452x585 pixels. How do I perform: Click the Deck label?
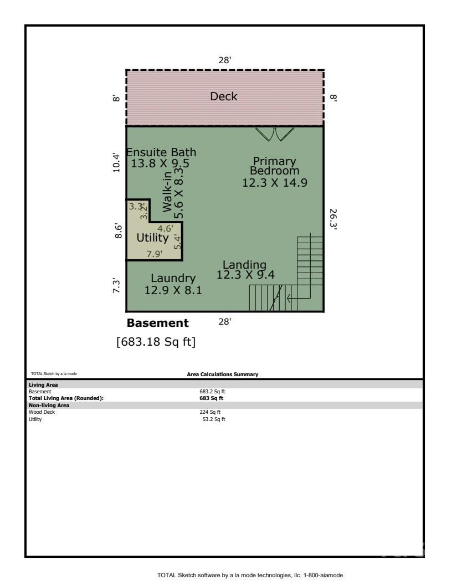224,96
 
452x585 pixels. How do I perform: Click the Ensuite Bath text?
161,157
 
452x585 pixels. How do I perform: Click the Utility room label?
152,238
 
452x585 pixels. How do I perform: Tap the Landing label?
244,270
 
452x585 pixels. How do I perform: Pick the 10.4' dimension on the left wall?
116,163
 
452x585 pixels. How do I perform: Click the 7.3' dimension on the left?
116,286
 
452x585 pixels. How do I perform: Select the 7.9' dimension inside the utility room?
153,254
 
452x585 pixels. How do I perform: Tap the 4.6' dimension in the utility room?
165,228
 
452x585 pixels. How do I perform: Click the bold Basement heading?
158,323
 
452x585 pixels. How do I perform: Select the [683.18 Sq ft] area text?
156,342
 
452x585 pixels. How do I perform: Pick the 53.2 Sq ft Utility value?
213,419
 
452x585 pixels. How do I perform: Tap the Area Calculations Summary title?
223,375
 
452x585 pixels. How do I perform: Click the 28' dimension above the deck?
224,60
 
